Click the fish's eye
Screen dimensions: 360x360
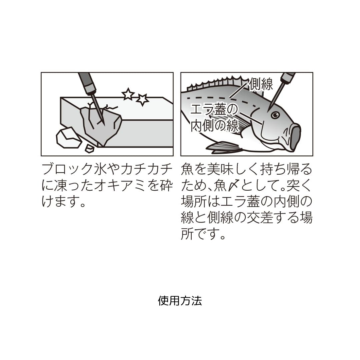(275, 115)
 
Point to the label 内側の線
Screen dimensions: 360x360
(214, 126)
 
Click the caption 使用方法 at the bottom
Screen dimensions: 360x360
(180, 301)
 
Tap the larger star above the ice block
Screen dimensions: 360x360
(142, 99)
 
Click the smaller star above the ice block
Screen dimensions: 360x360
(128, 94)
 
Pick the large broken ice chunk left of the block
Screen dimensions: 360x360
(68, 137)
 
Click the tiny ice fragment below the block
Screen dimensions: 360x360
(89, 148)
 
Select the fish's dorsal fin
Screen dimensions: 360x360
(217, 83)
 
